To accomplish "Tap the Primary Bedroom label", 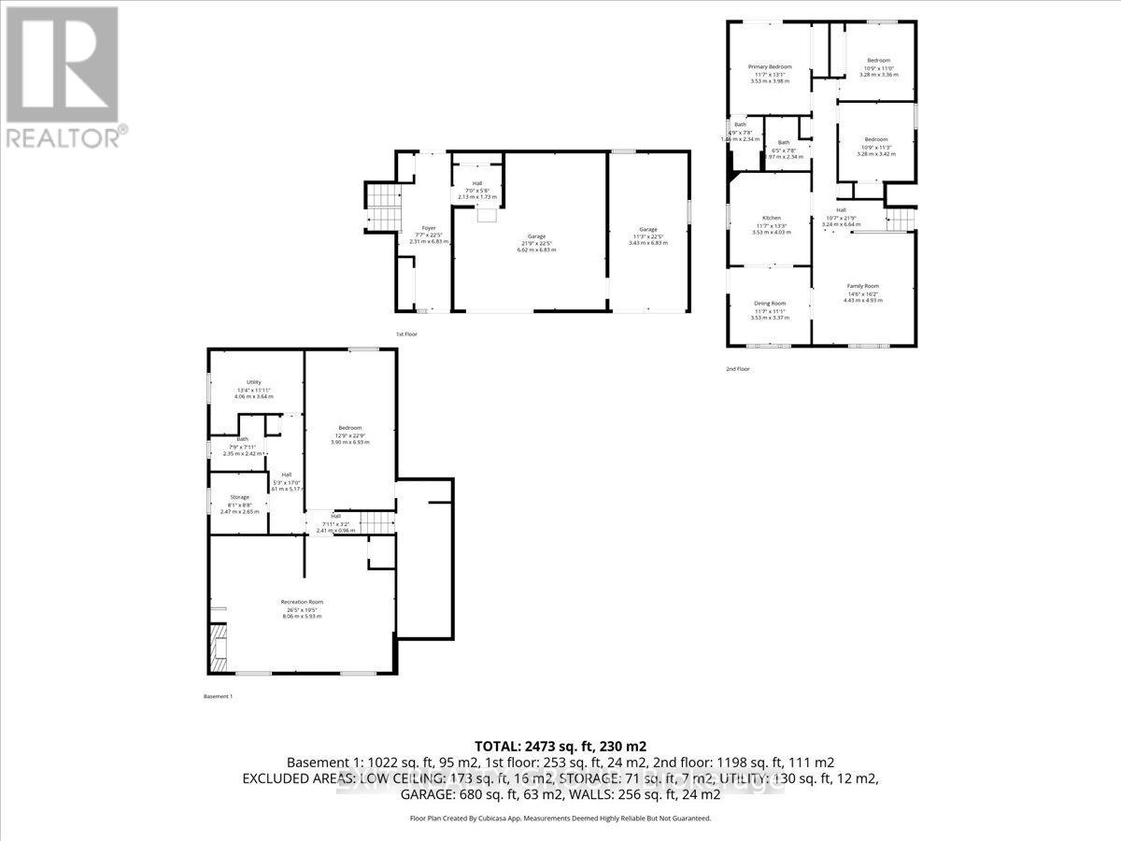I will (x=770, y=67).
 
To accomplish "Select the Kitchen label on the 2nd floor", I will (x=771, y=219).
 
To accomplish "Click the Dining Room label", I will (x=770, y=304).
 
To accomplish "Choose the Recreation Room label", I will (x=302, y=602).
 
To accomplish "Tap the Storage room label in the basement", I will (x=240, y=497).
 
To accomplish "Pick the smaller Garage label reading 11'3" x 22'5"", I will (x=647, y=229).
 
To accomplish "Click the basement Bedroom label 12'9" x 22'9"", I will (x=350, y=429).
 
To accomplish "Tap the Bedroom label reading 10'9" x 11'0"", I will (x=878, y=61).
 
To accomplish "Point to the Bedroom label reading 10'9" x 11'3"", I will (x=876, y=139).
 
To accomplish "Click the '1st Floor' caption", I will (x=407, y=334).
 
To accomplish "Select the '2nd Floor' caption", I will (x=738, y=369).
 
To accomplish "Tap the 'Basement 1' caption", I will (x=218, y=696).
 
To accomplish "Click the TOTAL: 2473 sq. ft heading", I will (x=560, y=747).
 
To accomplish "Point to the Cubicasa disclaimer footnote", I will (x=560, y=818).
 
